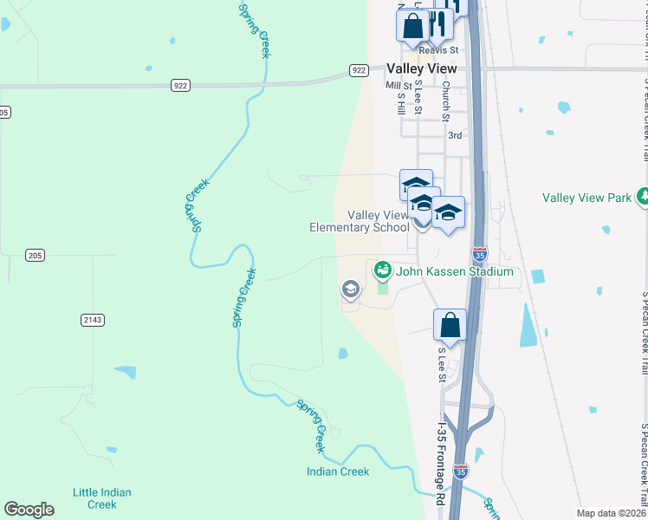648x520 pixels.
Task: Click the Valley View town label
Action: click(422, 68)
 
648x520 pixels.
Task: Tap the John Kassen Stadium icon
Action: click(381, 271)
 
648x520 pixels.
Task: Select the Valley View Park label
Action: click(586, 198)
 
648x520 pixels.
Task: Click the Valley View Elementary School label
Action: click(360, 221)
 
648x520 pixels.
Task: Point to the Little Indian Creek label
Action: click(102, 498)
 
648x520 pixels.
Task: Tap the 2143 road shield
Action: click(93, 320)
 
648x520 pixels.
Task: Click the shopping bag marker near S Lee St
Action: click(450, 327)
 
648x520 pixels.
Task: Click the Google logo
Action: click(29, 510)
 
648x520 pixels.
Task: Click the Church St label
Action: click(446, 101)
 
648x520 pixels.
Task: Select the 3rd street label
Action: click(455, 135)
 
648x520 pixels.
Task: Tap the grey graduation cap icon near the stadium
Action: click(351, 288)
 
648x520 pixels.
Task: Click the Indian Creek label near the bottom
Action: click(338, 471)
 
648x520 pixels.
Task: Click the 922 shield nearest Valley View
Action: click(360, 69)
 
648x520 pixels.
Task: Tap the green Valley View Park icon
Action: click(642, 197)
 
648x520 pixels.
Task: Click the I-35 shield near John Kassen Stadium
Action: click(481, 254)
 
